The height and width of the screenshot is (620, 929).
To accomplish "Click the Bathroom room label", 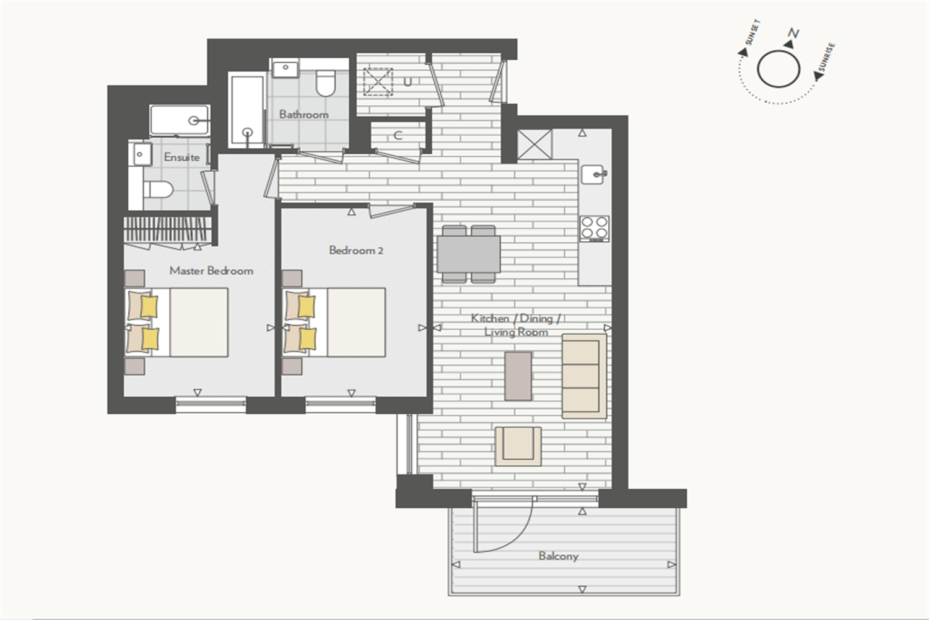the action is click(x=303, y=115).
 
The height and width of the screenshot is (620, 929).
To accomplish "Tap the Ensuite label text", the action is click(x=181, y=157).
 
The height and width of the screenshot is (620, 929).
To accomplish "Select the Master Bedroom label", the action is click(x=211, y=271).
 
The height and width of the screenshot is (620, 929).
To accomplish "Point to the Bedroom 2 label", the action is click(x=356, y=250).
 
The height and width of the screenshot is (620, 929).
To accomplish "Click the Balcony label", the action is click(x=558, y=556).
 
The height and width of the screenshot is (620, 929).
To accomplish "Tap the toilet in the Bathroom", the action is click(x=326, y=82).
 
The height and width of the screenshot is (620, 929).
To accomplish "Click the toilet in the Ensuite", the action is click(x=158, y=190).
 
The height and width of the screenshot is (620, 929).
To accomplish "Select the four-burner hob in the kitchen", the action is click(x=595, y=229).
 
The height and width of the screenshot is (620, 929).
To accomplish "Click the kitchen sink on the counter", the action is click(x=593, y=174).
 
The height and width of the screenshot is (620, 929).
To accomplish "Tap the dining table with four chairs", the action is click(x=469, y=254).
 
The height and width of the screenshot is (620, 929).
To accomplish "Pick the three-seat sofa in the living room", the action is click(x=584, y=376).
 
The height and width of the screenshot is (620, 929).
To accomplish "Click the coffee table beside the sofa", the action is click(x=518, y=376).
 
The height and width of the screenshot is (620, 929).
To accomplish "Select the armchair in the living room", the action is click(x=518, y=446).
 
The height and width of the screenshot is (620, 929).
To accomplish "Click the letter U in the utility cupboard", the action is click(x=408, y=82).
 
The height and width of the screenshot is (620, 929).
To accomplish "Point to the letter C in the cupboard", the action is click(x=398, y=135).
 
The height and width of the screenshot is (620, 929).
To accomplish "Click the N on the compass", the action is click(x=794, y=33).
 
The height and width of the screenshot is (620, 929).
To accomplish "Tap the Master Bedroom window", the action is click(x=211, y=405).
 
